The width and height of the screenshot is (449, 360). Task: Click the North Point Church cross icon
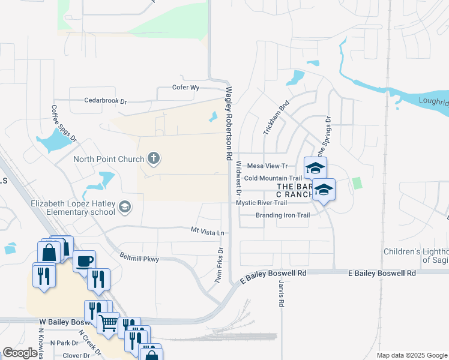click(x=154, y=159)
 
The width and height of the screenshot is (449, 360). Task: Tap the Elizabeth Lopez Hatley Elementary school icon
click(x=125, y=208)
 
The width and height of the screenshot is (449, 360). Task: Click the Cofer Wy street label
click(x=185, y=88)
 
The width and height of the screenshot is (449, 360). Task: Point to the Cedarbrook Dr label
click(x=106, y=101)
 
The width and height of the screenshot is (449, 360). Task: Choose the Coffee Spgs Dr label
click(x=64, y=123)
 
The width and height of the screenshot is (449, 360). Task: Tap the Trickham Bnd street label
click(x=276, y=117)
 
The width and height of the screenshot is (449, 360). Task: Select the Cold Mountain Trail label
click(x=273, y=178)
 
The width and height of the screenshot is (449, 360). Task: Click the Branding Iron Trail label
click(x=282, y=215)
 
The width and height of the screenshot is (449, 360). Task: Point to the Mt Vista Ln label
click(x=207, y=232)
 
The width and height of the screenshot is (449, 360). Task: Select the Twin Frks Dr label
click(x=220, y=265)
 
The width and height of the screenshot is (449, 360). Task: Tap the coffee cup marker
click(x=85, y=260)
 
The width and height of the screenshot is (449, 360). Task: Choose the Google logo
click(x=20, y=353)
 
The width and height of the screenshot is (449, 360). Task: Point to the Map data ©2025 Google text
click(x=411, y=355)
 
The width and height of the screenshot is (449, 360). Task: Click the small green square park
click(x=358, y=183)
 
